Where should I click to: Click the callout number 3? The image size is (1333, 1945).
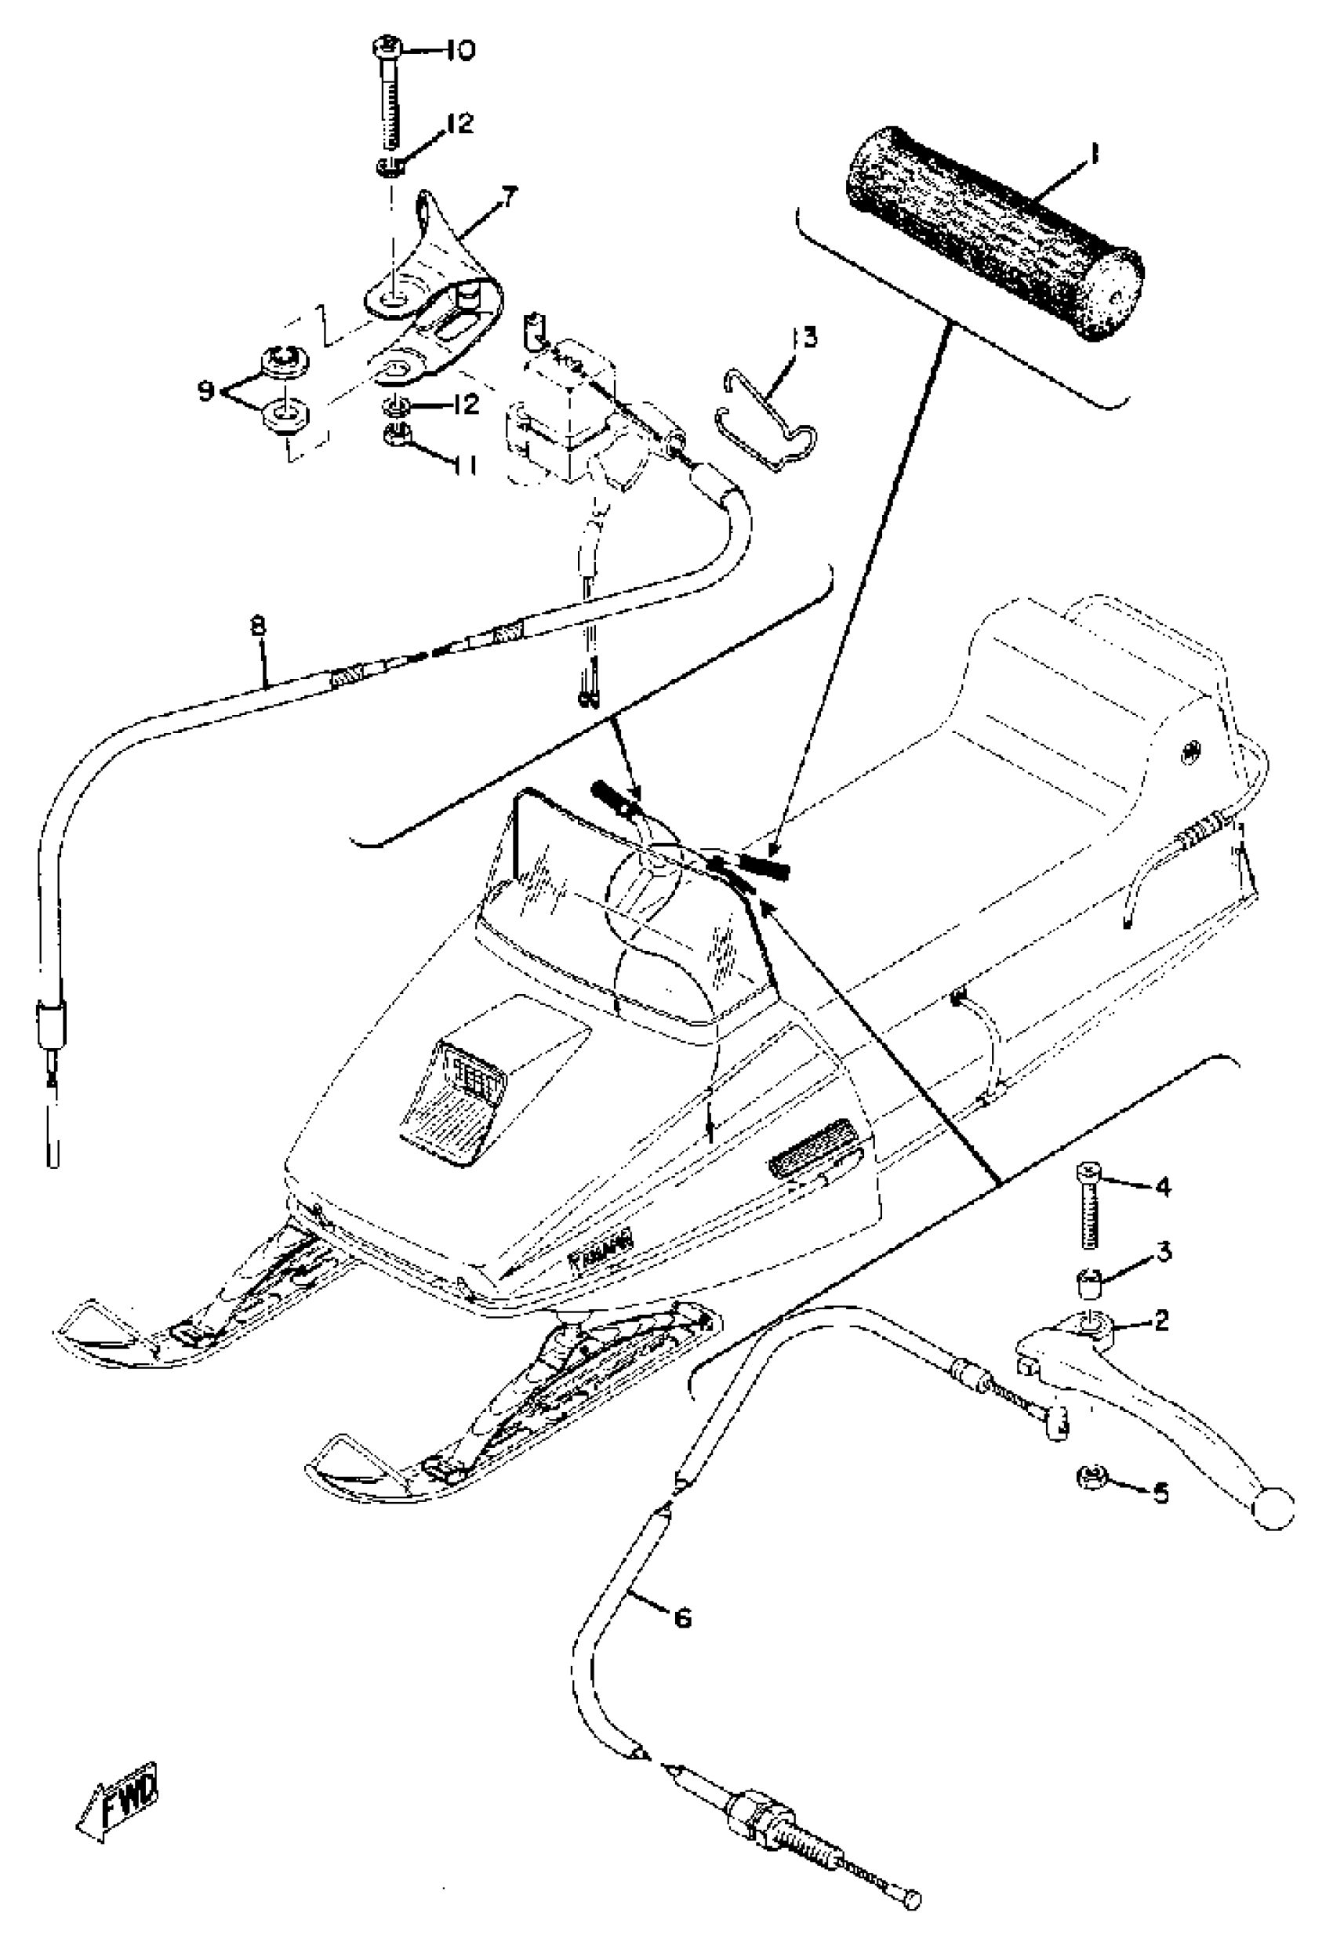[1164, 1252]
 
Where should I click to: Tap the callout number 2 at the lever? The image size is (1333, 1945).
[1160, 1321]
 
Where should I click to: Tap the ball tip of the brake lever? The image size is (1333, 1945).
[1272, 1510]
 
